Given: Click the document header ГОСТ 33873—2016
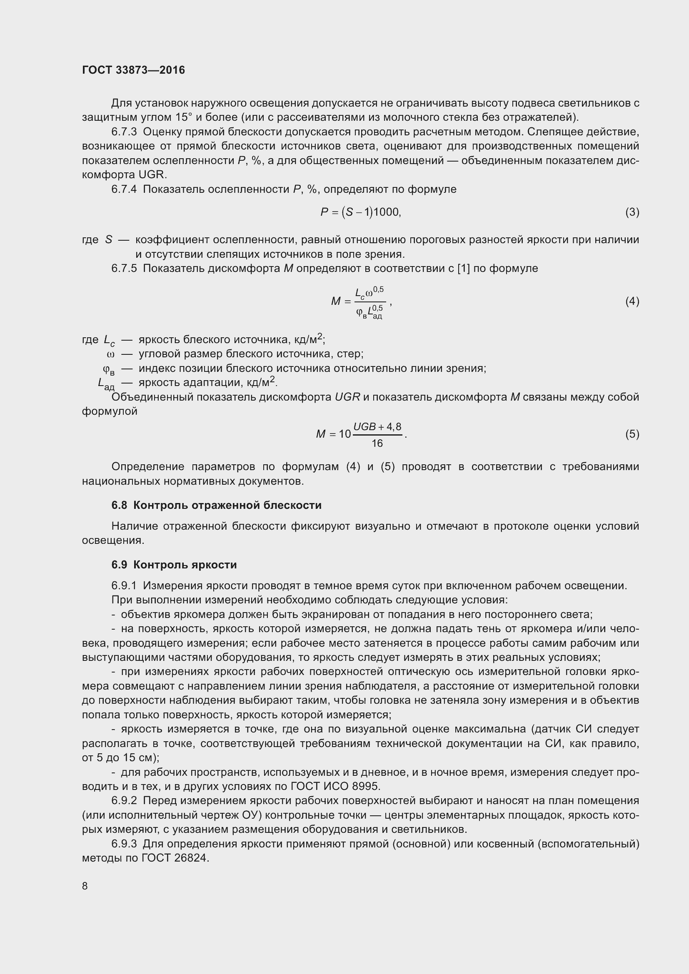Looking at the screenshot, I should pyautogui.click(x=133, y=70).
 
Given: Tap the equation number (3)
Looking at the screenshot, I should pyautogui.click(x=632, y=212).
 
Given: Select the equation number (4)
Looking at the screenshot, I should pyautogui.click(x=632, y=301).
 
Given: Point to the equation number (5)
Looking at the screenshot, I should pyautogui.click(x=632, y=434).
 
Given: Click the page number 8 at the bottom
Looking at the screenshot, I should pyautogui.click(x=85, y=886).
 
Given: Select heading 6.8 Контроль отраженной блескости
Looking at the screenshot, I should pyautogui.click(x=216, y=505).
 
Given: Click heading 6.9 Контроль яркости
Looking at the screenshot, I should pyautogui.click(x=174, y=565).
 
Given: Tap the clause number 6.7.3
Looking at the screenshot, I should pyautogui.click(x=124, y=132).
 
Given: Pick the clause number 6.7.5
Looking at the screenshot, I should pyautogui.click(x=124, y=269).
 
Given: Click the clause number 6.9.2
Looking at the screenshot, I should pyautogui.click(x=124, y=800).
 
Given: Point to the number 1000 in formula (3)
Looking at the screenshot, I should pyautogui.click(x=386, y=212).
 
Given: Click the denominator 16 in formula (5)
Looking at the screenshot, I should pyautogui.click(x=377, y=444).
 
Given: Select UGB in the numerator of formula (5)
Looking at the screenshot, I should pyautogui.click(x=364, y=427).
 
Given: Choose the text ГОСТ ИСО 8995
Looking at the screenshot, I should pyautogui.click(x=335, y=786).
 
